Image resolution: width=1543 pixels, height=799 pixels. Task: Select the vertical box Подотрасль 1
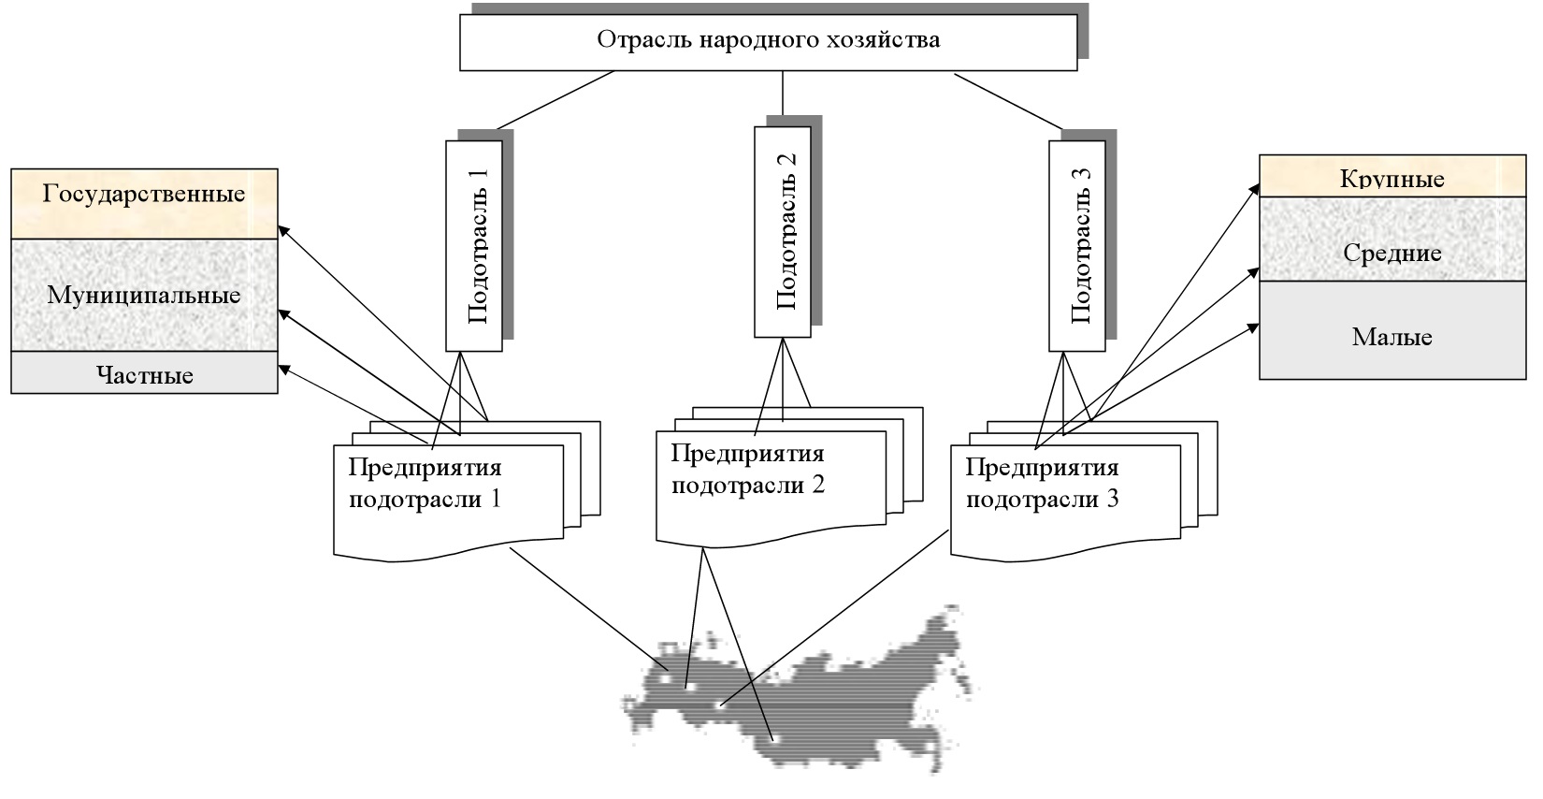pyautogui.click(x=474, y=245)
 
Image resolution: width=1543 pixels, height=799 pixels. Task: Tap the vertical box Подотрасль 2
pyautogui.click(x=782, y=231)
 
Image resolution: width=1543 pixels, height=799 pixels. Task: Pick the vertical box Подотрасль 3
pyautogui.click(x=1076, y=245)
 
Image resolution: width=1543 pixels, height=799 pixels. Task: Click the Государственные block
pyautogui.click(x=144, y=195)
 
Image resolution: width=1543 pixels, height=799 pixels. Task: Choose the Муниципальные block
pyautogui.click(x=144, y=296)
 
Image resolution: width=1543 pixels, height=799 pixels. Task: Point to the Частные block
pyautogui.click(x=144, y=375)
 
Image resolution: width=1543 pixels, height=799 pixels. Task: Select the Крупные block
pyautogui.click(x=1392, y=178)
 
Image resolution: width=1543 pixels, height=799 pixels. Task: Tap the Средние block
pyautogui.click(x=1392, y=253)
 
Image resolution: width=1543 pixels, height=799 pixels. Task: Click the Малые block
pyautogui.click(x=1392, y=337)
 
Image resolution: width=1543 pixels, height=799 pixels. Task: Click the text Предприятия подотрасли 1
pyautogui.click(x=425, y=483)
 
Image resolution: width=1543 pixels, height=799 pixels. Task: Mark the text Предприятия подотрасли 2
pyautogui.click(x=748, y=470)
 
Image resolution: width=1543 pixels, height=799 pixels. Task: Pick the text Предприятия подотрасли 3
pyautogui.click(x=1042, y=483)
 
